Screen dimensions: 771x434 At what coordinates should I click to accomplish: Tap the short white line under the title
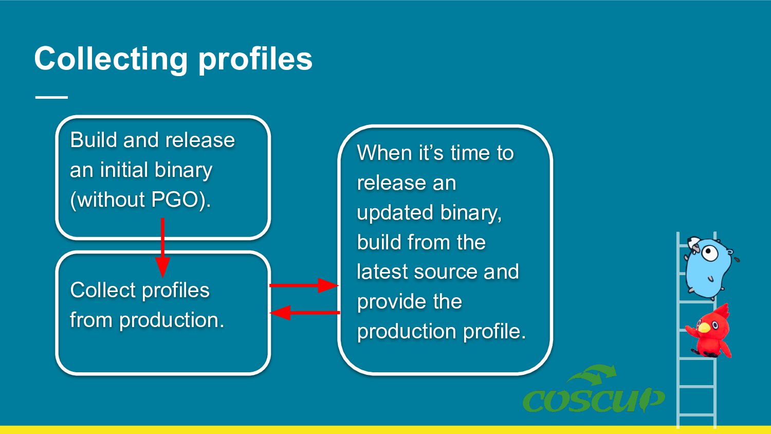[x=51, y=98]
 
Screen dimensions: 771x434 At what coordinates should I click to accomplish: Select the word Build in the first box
[x=93, y=140]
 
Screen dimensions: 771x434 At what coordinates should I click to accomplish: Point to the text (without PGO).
[x=140, y=200]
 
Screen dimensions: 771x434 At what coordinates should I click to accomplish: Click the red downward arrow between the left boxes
[x=162, y=247]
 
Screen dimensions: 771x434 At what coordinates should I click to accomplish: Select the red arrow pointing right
[x=304, y=285]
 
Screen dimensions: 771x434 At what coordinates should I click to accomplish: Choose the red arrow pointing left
[x=305, y=313]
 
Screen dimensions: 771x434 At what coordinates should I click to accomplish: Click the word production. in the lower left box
[x=172, y=321]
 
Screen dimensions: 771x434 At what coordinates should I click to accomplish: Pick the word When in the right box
[x=384, y=153]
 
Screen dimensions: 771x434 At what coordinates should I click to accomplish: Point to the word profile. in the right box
[x=494, y=332]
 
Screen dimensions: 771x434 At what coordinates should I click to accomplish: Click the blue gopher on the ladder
[x=708, y=267]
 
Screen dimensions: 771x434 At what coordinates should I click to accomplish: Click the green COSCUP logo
[x=594, y=389]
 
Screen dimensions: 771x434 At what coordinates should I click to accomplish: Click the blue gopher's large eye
[x=710, y=253]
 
